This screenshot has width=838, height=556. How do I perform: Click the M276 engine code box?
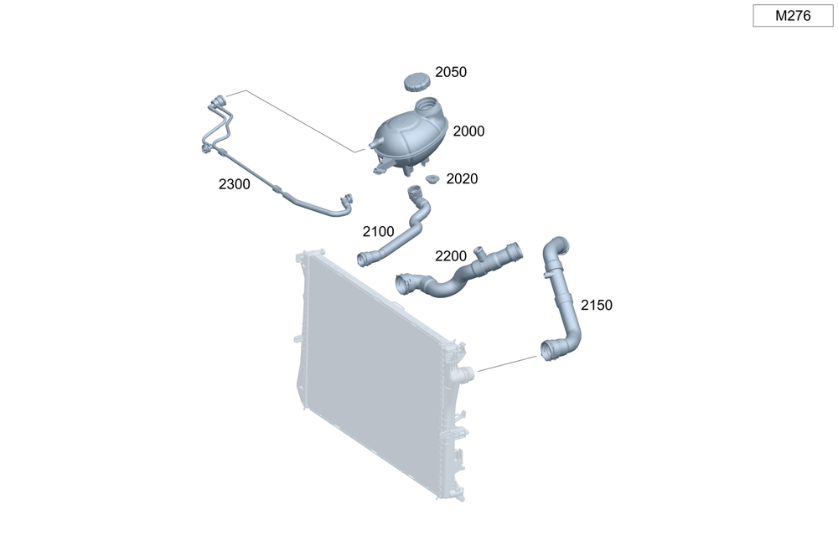pyautogui.click(x=793, y=15)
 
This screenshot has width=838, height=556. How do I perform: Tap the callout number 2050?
pyautogui.click(x=451, y=72)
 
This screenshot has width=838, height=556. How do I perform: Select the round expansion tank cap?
pyautogui.click(x=416, y=83)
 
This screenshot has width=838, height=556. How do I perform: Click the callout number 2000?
pyautogui.click(x=468, y=131)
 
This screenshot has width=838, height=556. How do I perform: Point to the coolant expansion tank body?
pyautogui.click(x=409, y=139)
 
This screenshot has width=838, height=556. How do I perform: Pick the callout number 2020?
pyautogui.click(x=462, y=179)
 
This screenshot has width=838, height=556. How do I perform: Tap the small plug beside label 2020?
pyautogui.click(x=432, y=179)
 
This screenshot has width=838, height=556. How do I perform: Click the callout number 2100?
pyautogui.click(x=378, y=232)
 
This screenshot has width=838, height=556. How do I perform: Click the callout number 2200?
pyautogui.click(x=451, y=256)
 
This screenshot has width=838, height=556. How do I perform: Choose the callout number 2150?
pyautogui.click(x=597, y=306)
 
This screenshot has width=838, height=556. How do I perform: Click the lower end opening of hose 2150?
pyautogui.click(x=548, y=352)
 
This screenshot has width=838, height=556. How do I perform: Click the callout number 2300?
pyautogui.click(x=234, y=184)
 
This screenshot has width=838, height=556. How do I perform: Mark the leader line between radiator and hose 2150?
pyautogui.click(x=507, y=363)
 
